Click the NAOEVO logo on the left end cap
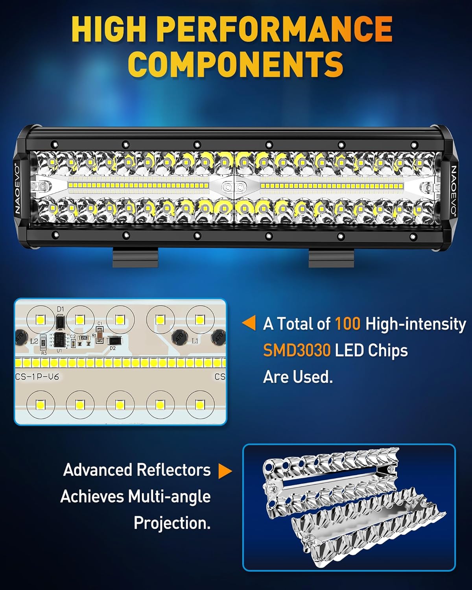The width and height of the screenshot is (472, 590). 17,188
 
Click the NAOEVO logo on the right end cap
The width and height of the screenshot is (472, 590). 454,190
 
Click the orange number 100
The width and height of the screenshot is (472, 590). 347,324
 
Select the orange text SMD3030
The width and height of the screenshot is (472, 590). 297,350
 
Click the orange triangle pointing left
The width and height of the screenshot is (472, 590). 249,323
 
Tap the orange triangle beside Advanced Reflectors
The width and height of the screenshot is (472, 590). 225,471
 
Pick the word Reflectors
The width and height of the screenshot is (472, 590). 173,470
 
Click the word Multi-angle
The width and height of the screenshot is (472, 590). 169,496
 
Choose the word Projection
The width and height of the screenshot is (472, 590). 172,523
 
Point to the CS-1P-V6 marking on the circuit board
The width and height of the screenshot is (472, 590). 37,377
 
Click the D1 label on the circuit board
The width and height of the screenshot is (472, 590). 60,310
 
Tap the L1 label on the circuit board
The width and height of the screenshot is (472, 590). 195,341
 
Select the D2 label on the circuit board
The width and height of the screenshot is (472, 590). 113,348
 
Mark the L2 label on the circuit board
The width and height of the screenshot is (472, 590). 34,341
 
